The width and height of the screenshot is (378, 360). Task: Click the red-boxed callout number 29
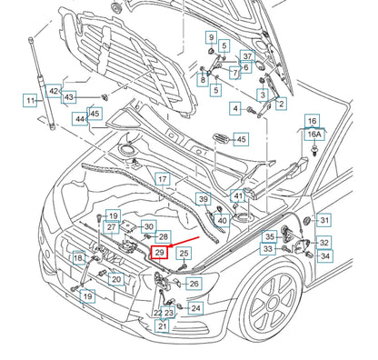tap(160, 254)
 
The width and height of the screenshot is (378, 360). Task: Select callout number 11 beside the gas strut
tap(30, 100)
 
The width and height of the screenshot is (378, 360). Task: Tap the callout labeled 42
tap(54, 91)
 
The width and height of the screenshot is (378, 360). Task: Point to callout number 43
tap(70, 96)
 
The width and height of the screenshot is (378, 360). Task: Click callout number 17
tap(162, 180)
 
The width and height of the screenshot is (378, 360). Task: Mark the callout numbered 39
tap(204, 199)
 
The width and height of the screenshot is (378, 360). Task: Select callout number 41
tap(238, 195)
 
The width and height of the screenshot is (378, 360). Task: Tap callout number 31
tap(324, 220)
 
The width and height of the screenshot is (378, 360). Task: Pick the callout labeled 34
tap(324, 256)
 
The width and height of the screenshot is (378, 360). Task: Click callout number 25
tap(184, 254)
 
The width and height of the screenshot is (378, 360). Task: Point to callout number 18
tap(78, 259)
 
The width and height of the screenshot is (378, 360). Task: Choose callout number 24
tap(196, 308)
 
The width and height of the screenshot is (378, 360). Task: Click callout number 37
tap(247, 57)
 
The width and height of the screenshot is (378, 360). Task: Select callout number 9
tap(211, 38)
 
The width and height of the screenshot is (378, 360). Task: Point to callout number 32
tap(324, 243)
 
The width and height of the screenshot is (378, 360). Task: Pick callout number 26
tap(193, 284)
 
